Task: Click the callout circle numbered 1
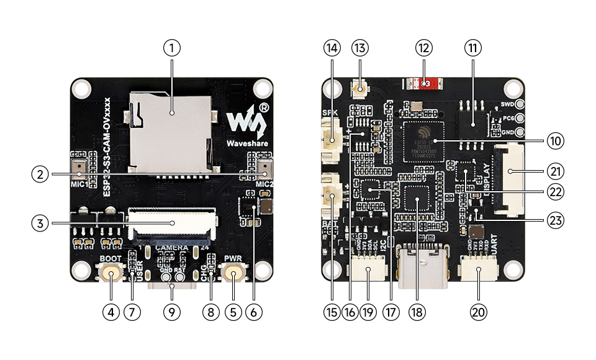coord(173,47)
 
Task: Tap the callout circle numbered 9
coord(172,313)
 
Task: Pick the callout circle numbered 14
coord(332,47)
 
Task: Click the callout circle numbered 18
coord(417,313)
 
